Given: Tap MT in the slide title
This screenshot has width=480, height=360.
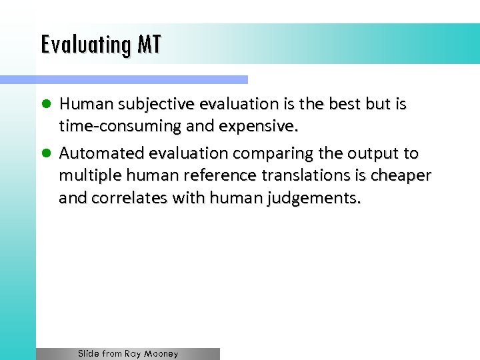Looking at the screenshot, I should coord(149,45).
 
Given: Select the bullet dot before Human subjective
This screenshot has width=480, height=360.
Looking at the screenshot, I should coord(47,105).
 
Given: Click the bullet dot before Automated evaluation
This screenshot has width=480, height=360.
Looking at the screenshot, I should coord(47,154).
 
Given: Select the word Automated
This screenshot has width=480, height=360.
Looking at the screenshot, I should coord(101,154).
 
